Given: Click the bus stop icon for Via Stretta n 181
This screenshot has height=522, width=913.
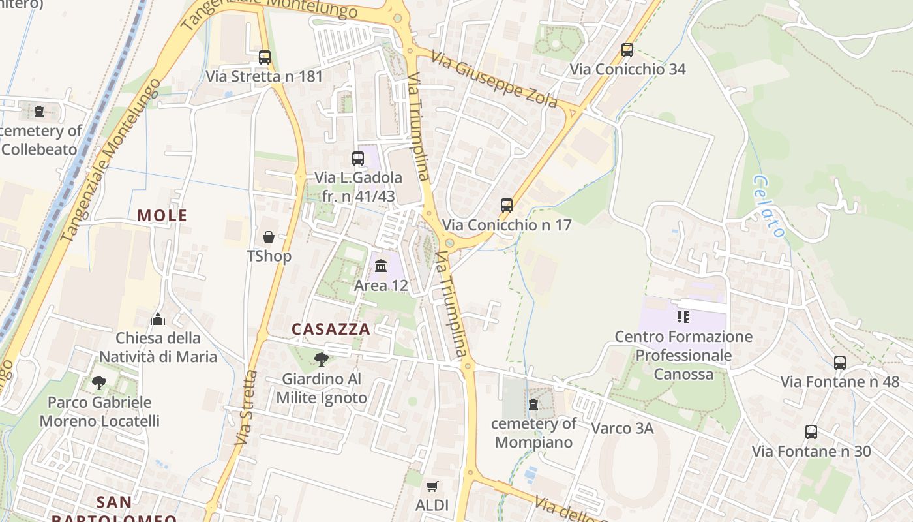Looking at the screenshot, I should point(264,57).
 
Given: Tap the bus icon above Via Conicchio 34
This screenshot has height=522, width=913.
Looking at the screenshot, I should point(627,50).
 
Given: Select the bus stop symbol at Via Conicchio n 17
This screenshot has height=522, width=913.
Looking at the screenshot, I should point(507,206).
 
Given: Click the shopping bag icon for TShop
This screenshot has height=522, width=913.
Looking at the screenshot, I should point(269,236).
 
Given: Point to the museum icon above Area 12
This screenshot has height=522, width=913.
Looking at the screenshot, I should point(381,266).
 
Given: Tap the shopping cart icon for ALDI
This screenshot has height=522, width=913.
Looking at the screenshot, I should point(432,486).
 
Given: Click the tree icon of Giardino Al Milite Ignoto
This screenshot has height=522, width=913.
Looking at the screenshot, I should point(321,359).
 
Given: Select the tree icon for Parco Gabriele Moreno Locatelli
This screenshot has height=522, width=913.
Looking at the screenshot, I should point(99,382).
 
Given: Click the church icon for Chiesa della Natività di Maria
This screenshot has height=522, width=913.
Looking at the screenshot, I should point(158,319).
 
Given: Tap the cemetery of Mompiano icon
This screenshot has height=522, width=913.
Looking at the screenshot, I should point(533,405).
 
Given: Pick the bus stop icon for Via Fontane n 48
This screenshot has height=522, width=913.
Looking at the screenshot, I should point(840,363).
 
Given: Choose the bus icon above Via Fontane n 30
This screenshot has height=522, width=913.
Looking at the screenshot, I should point(811,432).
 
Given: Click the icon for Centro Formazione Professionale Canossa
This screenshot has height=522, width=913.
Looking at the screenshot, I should point(683,318).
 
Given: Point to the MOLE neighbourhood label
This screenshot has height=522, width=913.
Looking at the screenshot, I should point(162,215).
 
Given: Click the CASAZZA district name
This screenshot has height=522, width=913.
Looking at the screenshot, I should point(331,330).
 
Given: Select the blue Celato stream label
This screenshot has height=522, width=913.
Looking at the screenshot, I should point(768,206).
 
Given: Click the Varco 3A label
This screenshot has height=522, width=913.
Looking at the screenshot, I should point(622,429).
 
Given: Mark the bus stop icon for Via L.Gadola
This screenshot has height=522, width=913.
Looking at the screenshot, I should point(357,159).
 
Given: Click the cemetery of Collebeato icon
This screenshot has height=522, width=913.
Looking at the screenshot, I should point(39,112).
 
